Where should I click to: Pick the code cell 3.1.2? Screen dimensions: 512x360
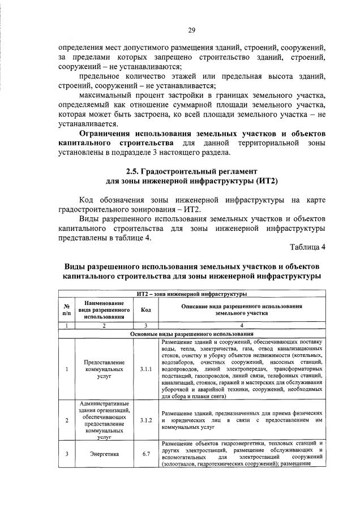tap(145, 421)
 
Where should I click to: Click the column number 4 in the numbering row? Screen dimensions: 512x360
tap(241, 325)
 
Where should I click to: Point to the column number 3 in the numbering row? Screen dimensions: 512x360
tap(145, 325)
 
